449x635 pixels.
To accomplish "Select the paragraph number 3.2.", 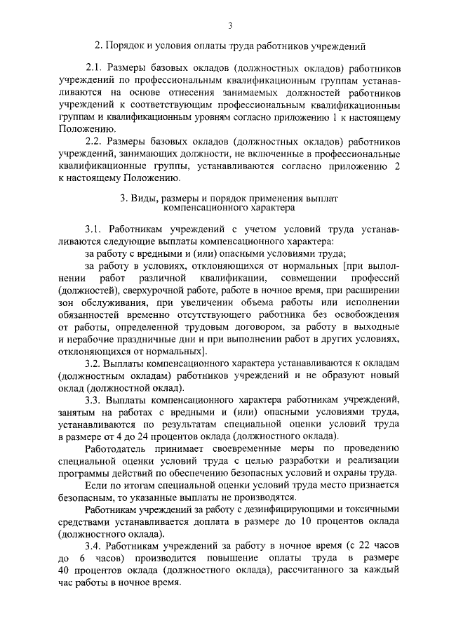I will pyautogui.click(x=93, y=364).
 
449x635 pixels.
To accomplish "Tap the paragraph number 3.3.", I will pyautogui.click(x=93, y=400).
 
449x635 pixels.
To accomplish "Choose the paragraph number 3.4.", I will pyautogui.click(x=93, y=546).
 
